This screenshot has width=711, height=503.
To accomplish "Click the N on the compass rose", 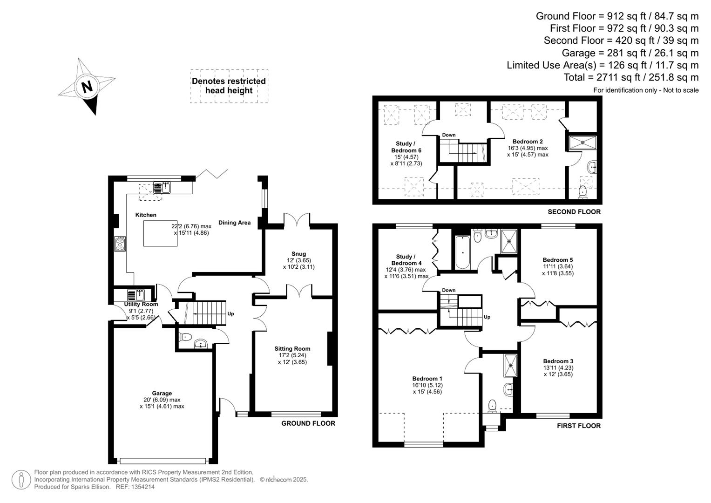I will pos(87,87).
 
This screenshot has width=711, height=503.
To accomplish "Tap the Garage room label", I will pos(162,394).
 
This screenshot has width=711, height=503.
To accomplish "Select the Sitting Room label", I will pos(292,349).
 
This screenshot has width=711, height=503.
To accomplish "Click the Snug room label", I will pos(298,254).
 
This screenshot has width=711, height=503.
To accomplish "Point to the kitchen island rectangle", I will pos(160,233).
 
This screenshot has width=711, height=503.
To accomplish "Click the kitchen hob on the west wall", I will pos(120,244).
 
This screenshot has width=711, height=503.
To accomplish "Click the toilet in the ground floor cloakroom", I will pos(186,337).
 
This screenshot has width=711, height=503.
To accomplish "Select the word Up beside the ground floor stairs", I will pos(230,314).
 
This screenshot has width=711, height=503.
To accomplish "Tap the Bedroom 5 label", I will pos(557,260).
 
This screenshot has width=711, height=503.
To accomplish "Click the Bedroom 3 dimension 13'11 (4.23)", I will pos(558,368).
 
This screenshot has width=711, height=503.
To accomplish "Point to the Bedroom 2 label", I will pos(528,142).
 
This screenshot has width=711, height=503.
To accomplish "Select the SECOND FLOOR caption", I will pos(574,212).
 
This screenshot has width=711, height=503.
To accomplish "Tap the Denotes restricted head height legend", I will pos(229,86).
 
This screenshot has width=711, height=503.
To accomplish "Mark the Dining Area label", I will pos(234,223).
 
